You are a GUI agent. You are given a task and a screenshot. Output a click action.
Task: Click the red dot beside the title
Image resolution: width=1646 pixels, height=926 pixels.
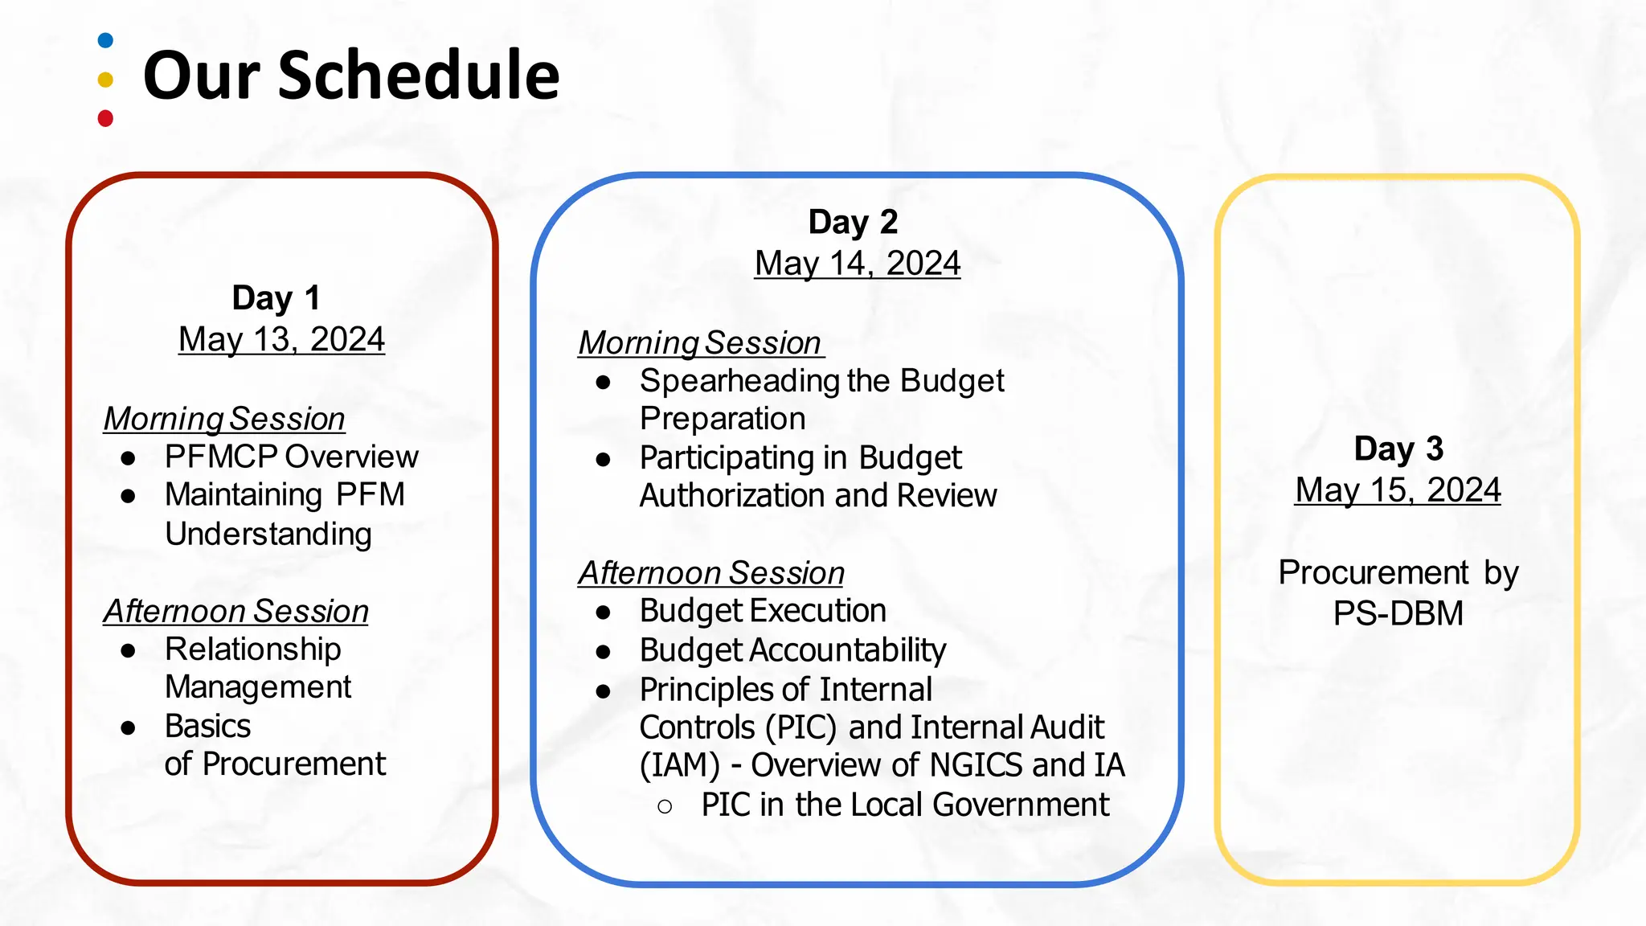coord(105,119)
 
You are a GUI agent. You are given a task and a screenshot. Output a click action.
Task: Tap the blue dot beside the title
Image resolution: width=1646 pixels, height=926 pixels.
coord(105,40)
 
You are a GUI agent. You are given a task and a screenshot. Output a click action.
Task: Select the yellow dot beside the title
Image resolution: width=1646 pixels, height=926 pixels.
coord(105,80)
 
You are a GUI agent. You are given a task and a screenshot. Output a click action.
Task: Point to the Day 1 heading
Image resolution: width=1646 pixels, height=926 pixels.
coord(276,297)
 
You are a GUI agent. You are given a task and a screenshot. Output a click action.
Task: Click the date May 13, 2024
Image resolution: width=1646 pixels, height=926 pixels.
coord(281,339)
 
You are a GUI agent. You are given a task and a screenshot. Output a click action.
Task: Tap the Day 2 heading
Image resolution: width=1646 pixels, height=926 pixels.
coord(853,222)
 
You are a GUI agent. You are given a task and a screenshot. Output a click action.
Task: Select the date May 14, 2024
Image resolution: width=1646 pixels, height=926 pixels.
coord(858,264)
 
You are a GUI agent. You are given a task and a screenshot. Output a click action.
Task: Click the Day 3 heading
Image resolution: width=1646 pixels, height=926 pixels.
coord(1398,449)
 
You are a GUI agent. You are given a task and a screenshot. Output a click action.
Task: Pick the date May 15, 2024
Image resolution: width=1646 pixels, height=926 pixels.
coord(1398,490)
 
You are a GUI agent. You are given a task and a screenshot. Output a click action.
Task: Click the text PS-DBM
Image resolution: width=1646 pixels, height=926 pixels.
coord(1398,613)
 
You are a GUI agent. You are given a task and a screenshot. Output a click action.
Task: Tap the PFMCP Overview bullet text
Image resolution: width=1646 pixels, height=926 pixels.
coord(291,457)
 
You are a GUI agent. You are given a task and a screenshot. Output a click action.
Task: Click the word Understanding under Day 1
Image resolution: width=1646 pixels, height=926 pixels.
coord(268,534)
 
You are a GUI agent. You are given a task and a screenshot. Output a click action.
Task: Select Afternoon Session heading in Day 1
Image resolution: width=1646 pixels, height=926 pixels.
coord(235,611)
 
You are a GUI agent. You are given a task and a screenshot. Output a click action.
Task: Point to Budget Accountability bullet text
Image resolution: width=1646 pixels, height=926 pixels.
coord(792,649)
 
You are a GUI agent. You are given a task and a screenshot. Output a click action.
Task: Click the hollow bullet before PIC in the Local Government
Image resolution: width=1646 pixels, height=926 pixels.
coord(665,806)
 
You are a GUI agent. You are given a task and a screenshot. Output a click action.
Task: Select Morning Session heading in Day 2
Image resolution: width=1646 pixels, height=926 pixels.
coord(700,343)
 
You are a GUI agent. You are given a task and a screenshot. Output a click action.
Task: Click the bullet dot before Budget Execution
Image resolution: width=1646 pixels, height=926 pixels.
coord(604,613)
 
